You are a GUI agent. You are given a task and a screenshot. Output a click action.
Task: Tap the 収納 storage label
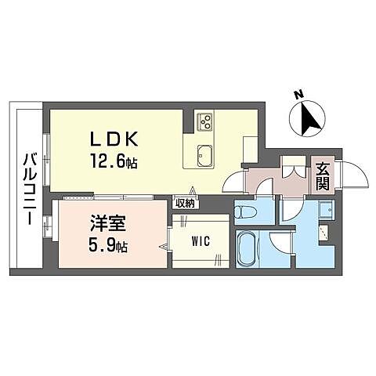coord(186,203)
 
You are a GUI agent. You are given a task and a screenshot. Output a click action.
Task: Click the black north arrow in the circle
coord(308,120)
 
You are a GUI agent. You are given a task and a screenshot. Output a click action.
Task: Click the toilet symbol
coord(244,211)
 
